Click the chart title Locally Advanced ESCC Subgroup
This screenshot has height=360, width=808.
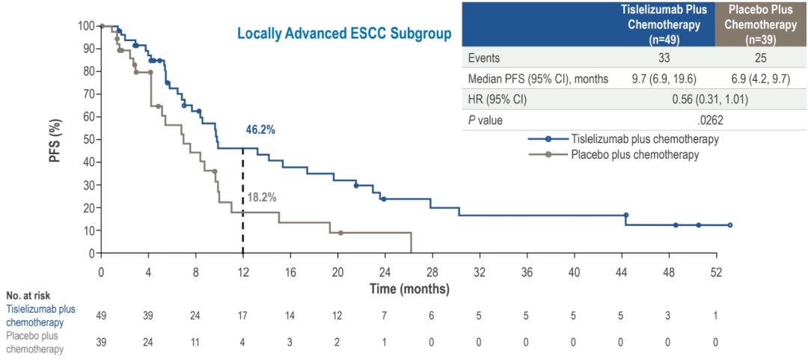(344, 34)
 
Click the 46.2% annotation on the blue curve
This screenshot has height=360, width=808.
(260, 129)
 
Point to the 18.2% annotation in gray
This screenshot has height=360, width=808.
(262, 198)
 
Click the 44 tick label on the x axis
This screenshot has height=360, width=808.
(621, 271)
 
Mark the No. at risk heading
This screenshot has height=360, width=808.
(28, 296)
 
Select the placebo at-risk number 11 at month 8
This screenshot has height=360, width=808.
(196, 342)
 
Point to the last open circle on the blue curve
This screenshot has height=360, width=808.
(730, 225)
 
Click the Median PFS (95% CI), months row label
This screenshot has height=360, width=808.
(538, 79)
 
